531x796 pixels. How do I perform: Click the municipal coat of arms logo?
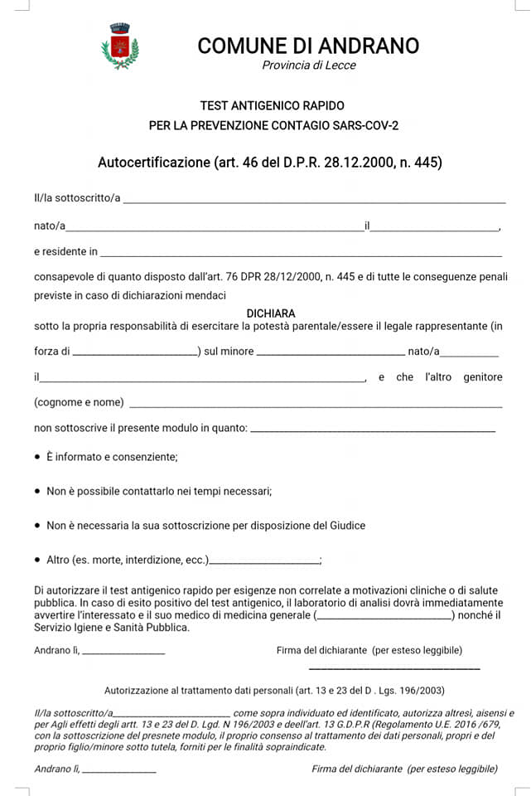pyautogui.click(x=120, y=46)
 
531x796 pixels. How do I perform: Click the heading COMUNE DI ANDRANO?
pyautogui.click(x=308, y=46)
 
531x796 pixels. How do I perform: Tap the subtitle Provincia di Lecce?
pyautogui.click(x=308, y=66)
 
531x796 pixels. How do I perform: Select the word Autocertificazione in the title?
pyautogui.click(x=154, y=163)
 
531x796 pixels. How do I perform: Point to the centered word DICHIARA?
pyautogui.click(x=271, y=313)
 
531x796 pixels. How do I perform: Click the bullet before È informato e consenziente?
pyautogui.click(x=37, y=457)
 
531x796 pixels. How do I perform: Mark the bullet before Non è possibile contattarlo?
pyautogui.click(x=37, y=492)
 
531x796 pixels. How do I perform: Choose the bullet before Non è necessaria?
pyautogui.click(x=37, y=526)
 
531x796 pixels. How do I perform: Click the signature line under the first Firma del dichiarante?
pyautogui.click(x=394, y=668)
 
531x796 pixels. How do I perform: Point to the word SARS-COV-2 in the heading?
pyautogui.click(x=364, y=126)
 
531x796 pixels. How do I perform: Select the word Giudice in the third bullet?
pyautogui.click(x=346, y=526)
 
